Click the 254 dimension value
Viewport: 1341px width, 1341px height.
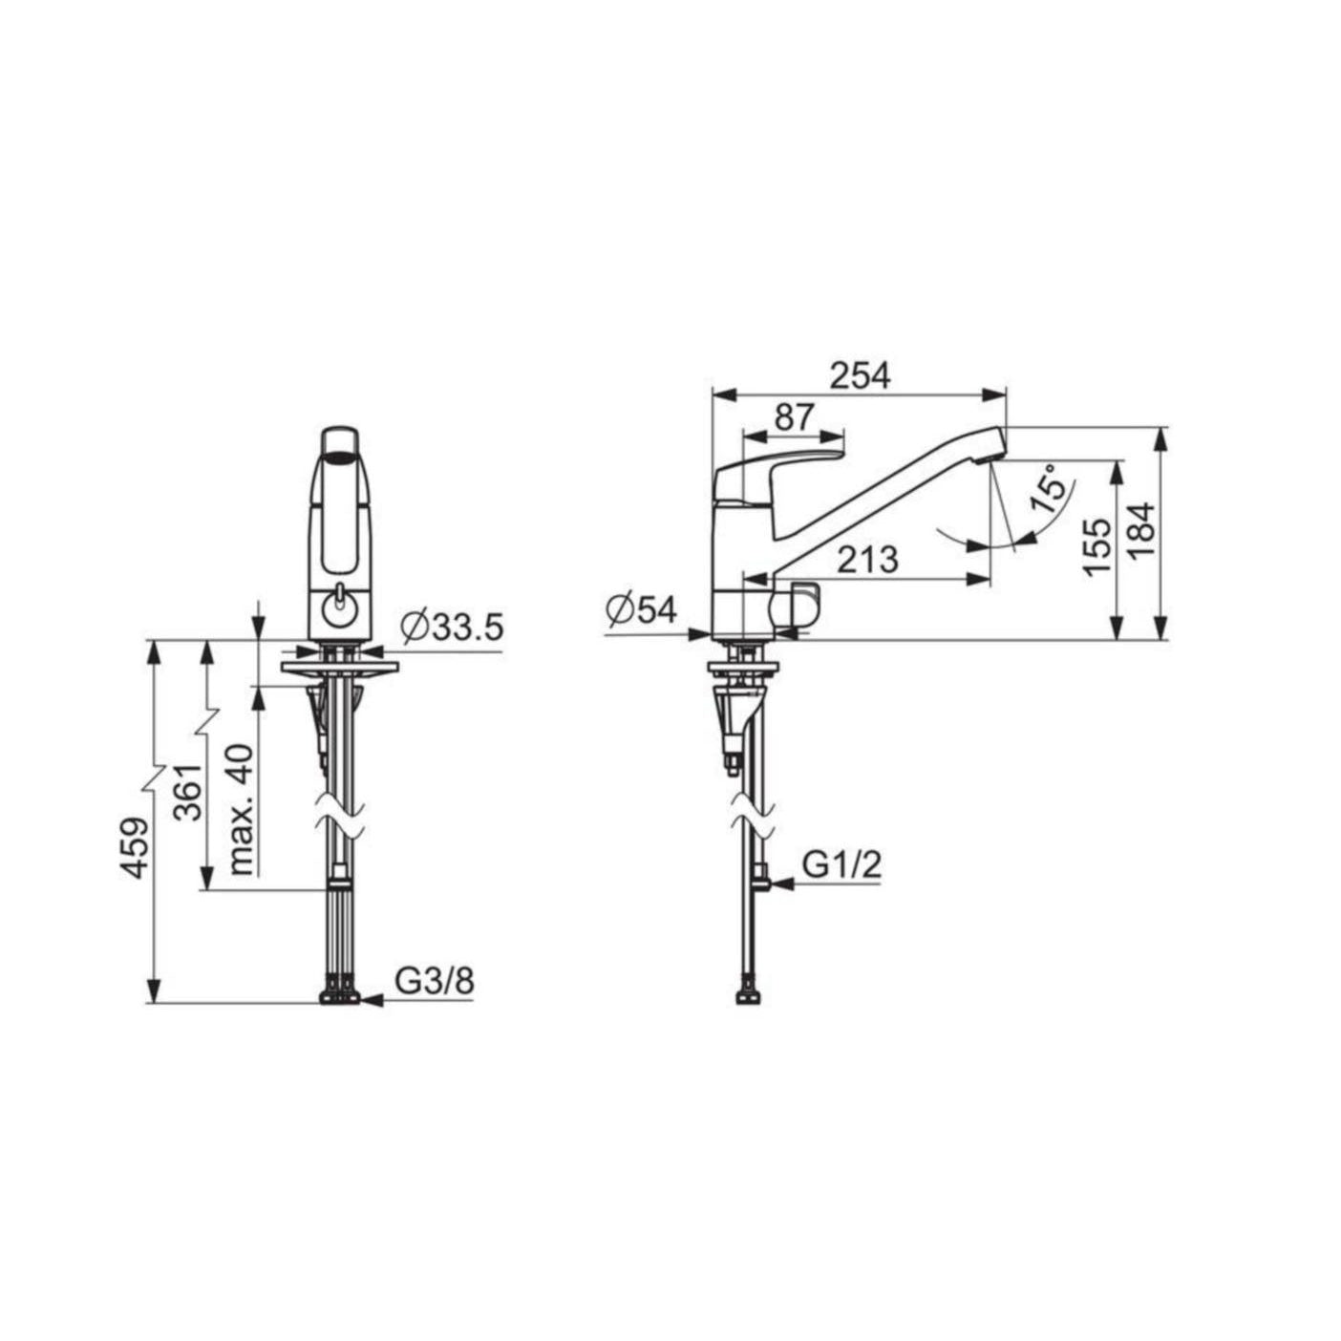point(861,375)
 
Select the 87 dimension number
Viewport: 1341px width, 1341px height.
point(794,417)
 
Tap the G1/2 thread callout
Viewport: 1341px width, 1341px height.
point(842,865)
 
